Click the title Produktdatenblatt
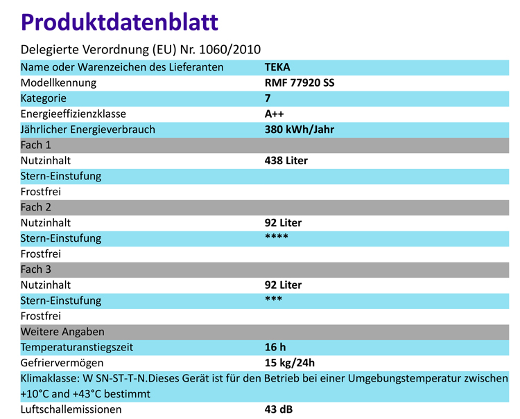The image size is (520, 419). [x=119, y=21]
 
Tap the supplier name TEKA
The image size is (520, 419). [x=277, y=67]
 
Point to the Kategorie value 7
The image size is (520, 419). [x=268, y=98]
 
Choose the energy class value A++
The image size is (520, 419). [x=275, y=114]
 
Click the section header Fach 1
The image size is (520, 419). [x=36, y=145]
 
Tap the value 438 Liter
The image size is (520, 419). [x=286, y=161]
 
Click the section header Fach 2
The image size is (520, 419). [x=36, y=207]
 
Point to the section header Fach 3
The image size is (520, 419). [x=36, y=269]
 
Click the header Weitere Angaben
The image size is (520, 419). [x=62, y=331]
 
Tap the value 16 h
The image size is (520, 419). [x=275, y=347]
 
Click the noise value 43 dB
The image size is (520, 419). [x=279, y=409]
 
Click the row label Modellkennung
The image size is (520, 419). [x=58, y=83]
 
